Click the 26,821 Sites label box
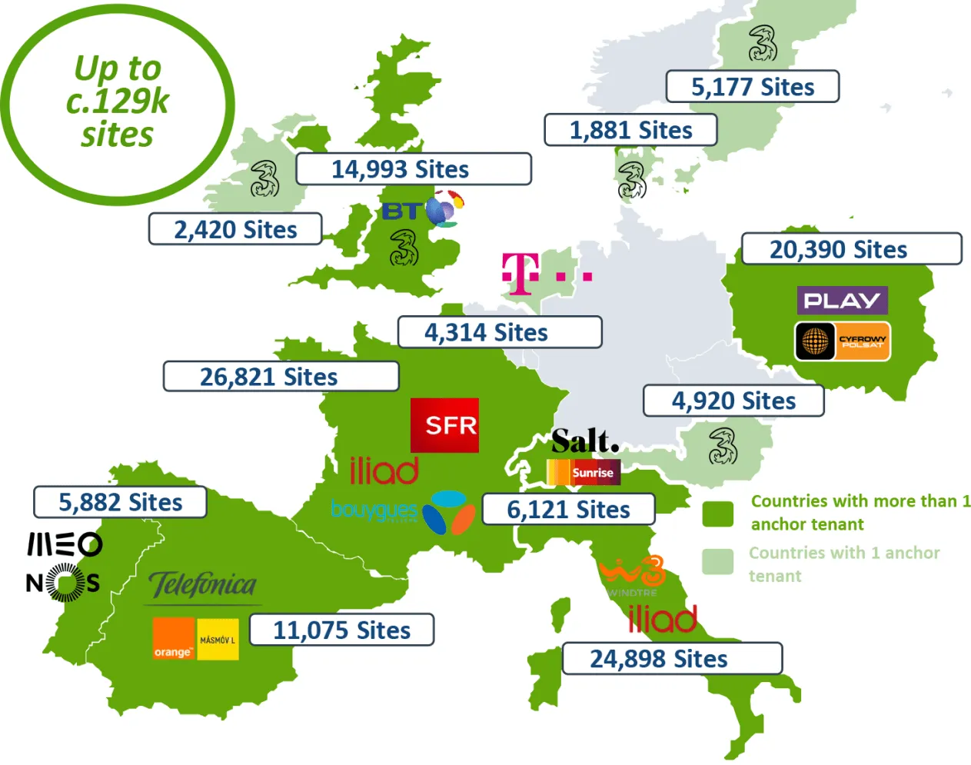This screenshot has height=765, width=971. click(x=281, y=377)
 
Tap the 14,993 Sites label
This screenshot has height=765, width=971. click(x=413, y=169)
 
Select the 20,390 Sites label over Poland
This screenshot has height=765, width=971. click(x=851, y=249)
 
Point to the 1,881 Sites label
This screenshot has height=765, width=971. click(x=630, y=130)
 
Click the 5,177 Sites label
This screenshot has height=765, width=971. click(x=752, y=87)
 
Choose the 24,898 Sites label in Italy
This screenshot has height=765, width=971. click(x=672, y=659)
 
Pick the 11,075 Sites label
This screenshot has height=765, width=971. click(x=341, y=630)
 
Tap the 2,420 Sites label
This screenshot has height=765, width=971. click(x=235, y=229)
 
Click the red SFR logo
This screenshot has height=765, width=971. click(x=444, y=425)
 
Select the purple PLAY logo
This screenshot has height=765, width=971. click(x=842, y=300)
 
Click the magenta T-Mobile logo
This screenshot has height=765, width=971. click(x=520, y=274)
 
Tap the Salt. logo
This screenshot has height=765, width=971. click(x=584, y=441)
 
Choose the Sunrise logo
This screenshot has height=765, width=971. click(x=584, y=472)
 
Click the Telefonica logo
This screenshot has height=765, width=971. click(x=203, y=585)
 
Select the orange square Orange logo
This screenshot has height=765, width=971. click(x=173, y=639)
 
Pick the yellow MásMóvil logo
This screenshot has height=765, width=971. click(x=218, y=639)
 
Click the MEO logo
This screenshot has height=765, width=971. click(x=65, y=544)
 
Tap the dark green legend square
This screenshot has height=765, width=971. click(x=717, y=514)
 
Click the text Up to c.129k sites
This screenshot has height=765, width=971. click(x=118, y=101)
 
